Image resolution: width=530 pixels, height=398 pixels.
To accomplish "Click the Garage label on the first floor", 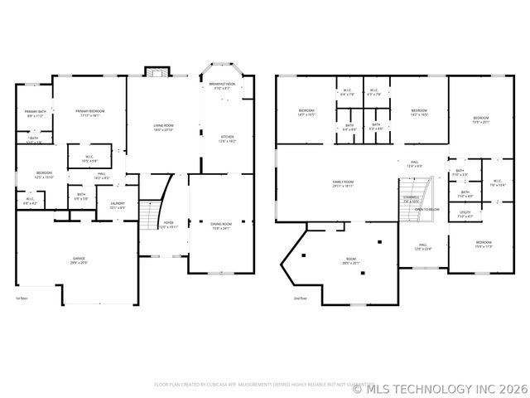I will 78,260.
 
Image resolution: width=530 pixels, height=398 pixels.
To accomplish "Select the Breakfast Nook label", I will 221,85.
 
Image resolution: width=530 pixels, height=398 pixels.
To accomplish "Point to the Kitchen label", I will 226,138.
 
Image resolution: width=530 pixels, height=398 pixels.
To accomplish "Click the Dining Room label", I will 221,226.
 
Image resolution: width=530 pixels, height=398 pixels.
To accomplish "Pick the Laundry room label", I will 117,205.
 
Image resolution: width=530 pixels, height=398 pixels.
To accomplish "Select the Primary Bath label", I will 36,114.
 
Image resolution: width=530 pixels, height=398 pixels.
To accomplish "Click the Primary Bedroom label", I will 89,114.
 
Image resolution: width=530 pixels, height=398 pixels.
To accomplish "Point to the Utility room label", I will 465,214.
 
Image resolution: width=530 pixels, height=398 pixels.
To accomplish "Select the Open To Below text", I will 426,210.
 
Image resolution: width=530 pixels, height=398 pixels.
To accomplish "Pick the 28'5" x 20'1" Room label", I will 351,262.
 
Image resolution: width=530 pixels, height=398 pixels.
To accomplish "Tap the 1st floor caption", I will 22,298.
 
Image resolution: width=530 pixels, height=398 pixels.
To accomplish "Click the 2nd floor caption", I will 300,298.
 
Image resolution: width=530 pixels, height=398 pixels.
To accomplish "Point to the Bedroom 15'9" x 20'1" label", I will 481,121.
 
